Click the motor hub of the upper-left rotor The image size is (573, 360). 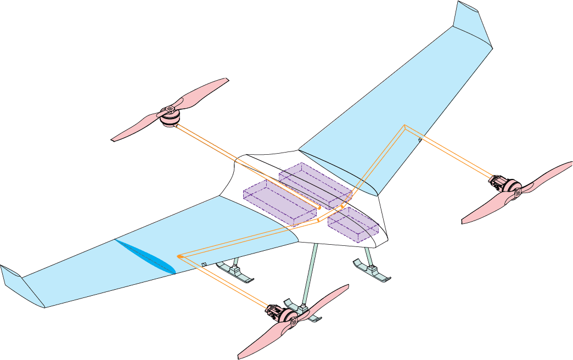[170, 116]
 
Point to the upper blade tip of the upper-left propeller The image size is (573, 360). [224, 80]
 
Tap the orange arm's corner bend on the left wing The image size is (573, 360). [179, 256]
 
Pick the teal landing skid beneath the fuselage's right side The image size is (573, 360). [373, 270]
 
